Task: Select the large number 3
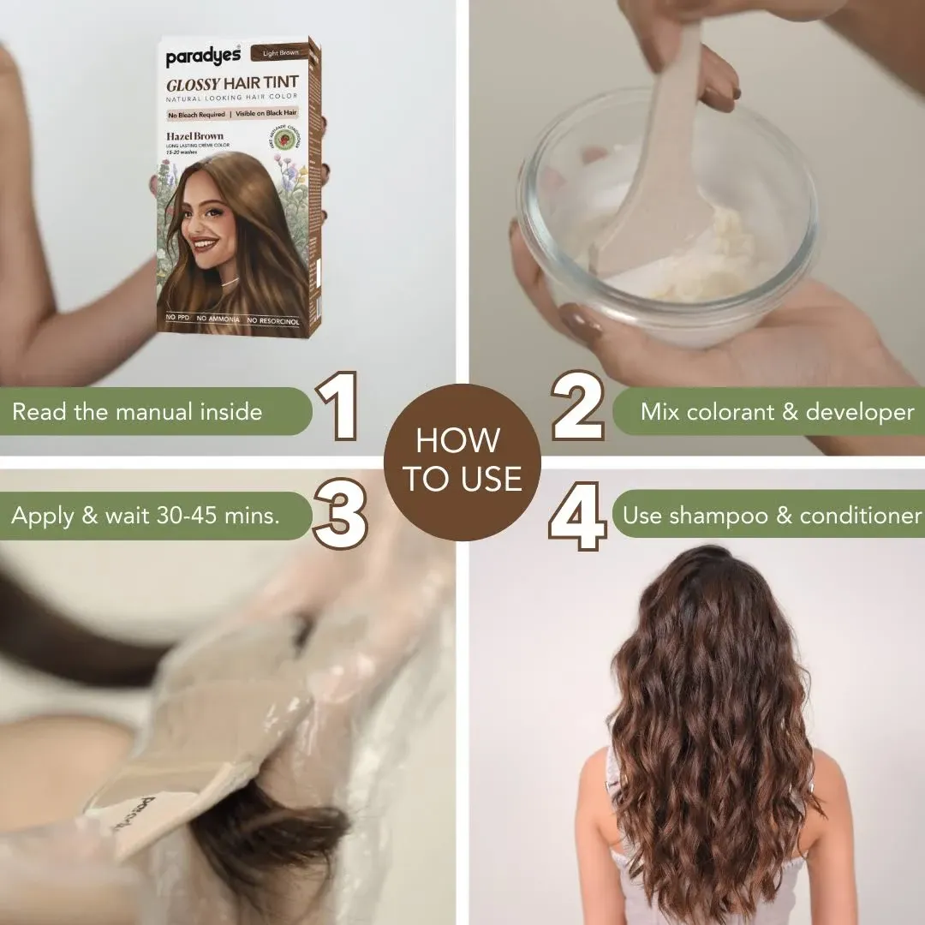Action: pos(341,514)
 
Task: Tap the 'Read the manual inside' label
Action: pos(137,411)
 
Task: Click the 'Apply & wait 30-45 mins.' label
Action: pos(146,516)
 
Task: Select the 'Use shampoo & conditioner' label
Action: pos(771,516)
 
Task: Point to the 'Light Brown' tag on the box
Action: pos(280,53)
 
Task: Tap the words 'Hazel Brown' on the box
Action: pos(194,136)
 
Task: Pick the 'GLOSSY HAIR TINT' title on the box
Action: pos(231,83)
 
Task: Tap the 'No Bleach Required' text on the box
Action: pos(195,115)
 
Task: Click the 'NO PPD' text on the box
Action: pos(177,319)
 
